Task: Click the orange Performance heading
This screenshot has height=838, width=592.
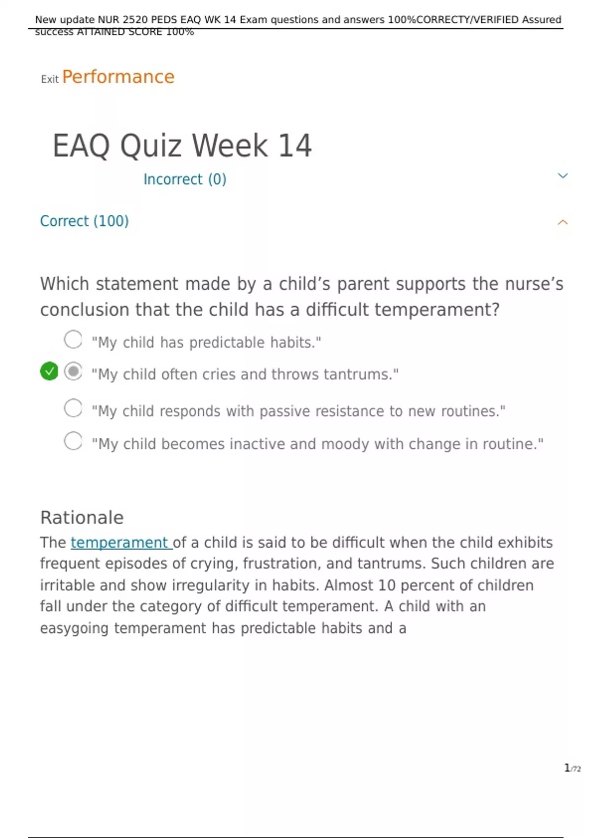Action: coord(118,77)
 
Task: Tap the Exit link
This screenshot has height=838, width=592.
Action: coord(50,79)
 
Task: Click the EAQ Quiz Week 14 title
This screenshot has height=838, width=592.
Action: coord(182,145)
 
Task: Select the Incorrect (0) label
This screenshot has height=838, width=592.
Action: coord(185,179)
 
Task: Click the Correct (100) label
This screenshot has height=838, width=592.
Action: coord(84,221)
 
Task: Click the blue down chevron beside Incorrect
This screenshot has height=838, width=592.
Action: coord(562,175)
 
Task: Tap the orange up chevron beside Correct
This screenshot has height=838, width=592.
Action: coord(562,222)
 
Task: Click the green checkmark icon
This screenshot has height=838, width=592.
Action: coord(49,371)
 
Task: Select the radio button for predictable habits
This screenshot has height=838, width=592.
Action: coord(73,339)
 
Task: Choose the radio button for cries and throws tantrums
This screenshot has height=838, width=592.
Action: coord(73,371)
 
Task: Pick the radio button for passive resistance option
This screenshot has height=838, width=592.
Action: coord(73,408)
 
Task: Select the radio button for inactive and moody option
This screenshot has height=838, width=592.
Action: coord(73,441)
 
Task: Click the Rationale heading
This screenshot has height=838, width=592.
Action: coord(81,518)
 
